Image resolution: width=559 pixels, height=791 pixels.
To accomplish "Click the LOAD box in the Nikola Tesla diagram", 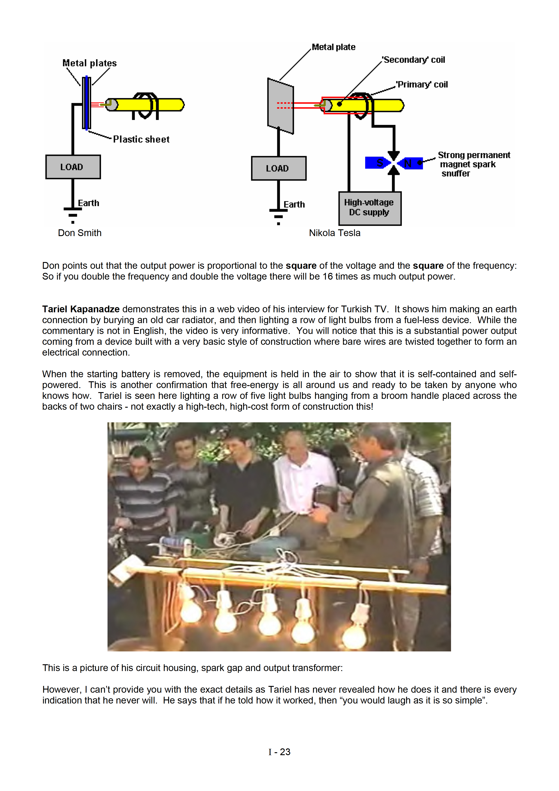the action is (279, 168).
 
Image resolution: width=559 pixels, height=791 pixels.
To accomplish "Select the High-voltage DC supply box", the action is (370, 208).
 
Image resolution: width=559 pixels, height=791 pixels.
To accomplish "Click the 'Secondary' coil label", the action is (414, 60).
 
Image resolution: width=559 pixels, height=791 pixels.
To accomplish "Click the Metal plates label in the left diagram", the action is (89, 63).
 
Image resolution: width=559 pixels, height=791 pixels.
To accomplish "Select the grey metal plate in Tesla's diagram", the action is (280, 106).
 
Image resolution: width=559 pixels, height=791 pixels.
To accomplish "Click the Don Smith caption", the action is (80, 233).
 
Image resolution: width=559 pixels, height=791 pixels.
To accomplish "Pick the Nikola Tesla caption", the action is (334, 233).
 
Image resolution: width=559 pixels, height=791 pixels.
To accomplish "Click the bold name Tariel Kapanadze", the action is (81, 309).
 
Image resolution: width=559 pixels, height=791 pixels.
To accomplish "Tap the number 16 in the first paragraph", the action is (328, 277).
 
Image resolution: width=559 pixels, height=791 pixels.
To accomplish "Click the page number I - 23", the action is (279, 752).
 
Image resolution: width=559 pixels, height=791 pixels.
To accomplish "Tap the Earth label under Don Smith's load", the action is (89, 203).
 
